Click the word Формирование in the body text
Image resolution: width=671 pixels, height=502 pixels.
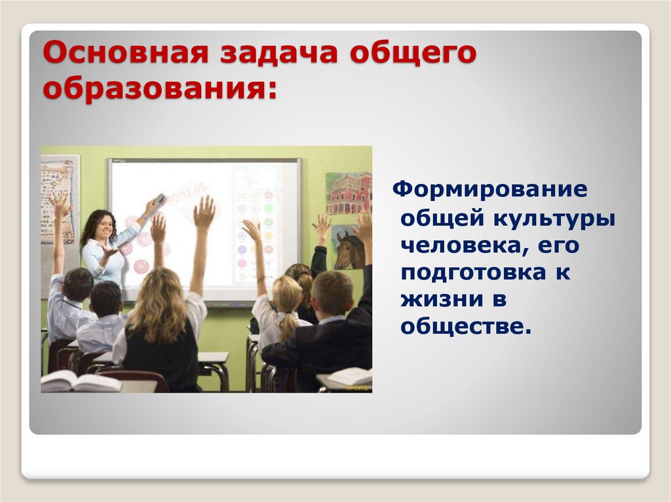[489, 190]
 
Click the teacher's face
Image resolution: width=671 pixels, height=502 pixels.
[104, 226]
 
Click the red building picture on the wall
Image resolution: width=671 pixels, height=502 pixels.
[348, 193]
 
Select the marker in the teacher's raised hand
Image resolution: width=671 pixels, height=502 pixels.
[159, 198]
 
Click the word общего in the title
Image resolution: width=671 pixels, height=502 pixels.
[412, 54]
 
